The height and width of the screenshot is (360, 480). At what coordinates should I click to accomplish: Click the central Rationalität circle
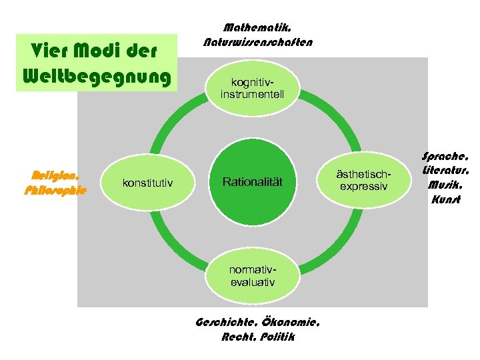point(253,182)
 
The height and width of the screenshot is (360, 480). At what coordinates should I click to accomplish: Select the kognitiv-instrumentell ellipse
point(253,88)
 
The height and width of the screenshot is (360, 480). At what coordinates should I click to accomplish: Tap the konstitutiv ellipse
point(147,182)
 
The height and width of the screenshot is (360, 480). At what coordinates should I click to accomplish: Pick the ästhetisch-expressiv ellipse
point(363,181)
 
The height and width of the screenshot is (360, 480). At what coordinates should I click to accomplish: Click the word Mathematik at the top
point(257,28)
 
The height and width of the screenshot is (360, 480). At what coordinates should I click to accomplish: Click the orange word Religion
point(56,176)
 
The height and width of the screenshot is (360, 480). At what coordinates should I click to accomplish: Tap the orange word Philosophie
point(55,190)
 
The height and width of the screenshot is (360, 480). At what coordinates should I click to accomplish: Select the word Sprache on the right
point(445,157)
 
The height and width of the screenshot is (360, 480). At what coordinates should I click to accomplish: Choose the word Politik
point(277,337)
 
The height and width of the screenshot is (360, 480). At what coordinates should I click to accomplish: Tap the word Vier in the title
point(49,51)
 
